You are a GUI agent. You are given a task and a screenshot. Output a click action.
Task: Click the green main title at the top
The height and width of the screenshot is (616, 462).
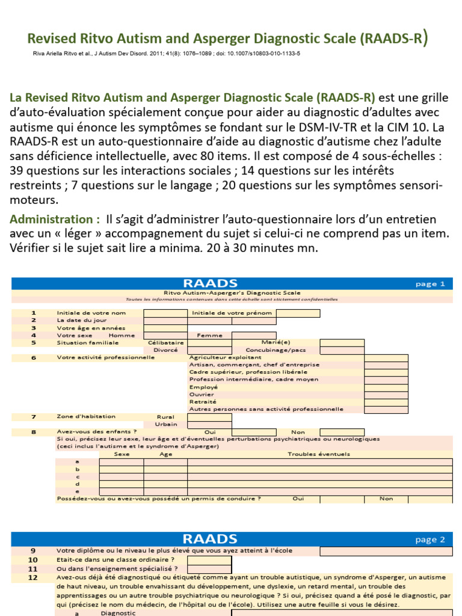coord(228,40)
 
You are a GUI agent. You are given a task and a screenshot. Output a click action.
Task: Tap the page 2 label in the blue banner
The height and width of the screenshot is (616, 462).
coord(430,540)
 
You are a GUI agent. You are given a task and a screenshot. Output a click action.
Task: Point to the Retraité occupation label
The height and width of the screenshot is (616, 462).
coord(203,401)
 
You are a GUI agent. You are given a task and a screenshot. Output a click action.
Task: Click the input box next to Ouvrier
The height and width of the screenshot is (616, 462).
coord(386,394)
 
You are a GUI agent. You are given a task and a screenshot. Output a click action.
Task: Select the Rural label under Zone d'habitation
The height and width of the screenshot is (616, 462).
coord(165,416)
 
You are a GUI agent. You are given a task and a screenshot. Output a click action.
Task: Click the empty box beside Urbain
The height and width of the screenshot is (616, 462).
coord(209,424)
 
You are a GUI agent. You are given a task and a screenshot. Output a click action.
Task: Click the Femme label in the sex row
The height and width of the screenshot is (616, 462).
coord(206,335)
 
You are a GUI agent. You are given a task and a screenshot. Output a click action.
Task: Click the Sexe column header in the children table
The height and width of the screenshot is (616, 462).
coord(122,455)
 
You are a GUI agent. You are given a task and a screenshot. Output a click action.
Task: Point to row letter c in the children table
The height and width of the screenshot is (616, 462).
coord(77,476)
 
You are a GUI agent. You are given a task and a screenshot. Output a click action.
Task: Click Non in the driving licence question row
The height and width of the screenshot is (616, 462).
coord(386,498)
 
